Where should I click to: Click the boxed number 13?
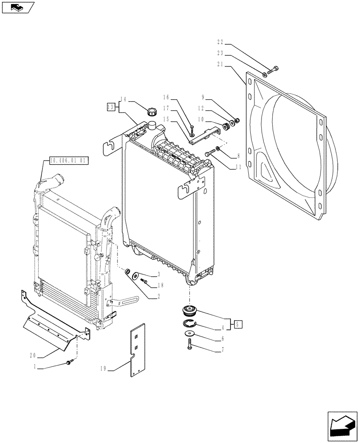[111, 107]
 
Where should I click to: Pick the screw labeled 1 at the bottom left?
[68, 363]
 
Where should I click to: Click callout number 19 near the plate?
[103, 368]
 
